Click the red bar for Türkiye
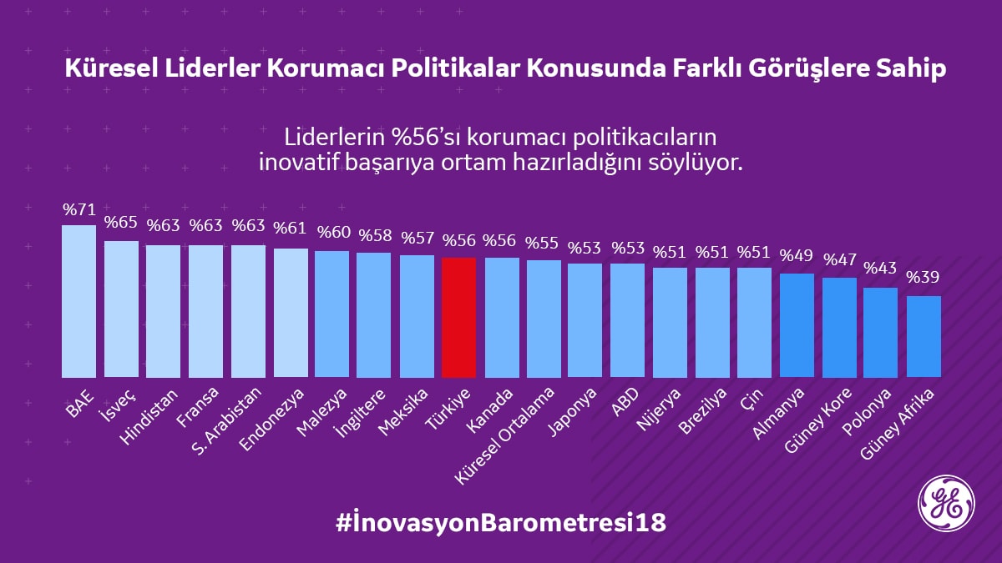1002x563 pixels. click(458, 317)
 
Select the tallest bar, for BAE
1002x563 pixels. click(79, 301)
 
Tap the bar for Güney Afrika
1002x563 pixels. click(924, 336)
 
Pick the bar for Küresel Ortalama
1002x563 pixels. click(544, 319)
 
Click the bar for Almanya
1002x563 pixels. click(797, 325)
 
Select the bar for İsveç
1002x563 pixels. click(121, 309)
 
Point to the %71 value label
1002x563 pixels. click(79, 209)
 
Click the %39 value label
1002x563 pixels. click(924, 278)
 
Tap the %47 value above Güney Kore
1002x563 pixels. click(839, 259)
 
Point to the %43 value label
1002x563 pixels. click(881, 269)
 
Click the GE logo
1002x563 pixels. click(946, 503)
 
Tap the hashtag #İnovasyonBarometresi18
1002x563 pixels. click(501, 523)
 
